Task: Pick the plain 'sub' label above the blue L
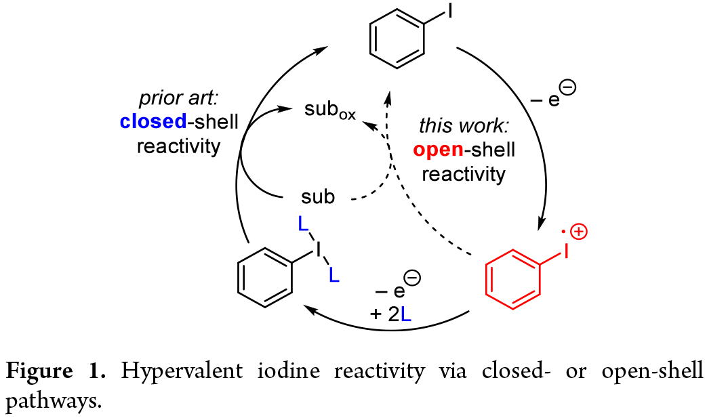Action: [317, 198]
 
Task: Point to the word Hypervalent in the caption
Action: [163, 371]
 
